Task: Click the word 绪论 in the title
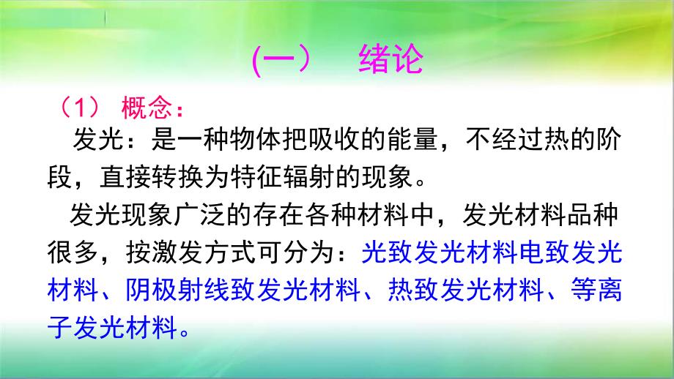point(390,61)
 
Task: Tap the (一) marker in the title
point(282,61)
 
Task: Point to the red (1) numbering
point(80,109)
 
